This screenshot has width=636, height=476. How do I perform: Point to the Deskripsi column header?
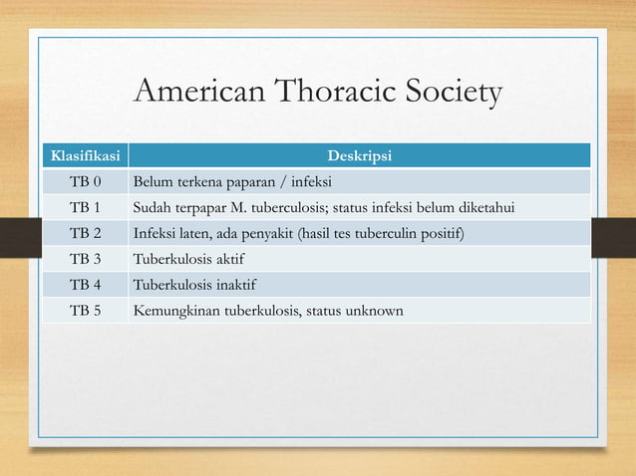(x=360, y=156)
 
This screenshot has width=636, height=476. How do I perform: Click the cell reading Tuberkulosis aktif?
(x=188, y=260)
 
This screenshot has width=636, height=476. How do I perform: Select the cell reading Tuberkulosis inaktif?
(x=193, y=286)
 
